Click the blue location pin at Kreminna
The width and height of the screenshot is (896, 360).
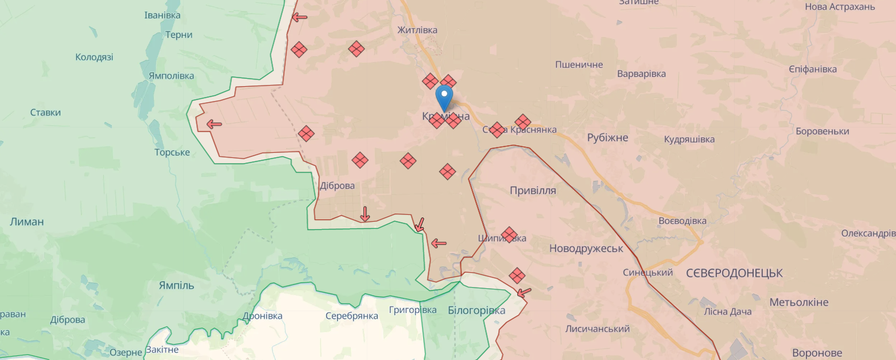(x=444, y=97)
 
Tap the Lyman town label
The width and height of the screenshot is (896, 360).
(x=26, y=222)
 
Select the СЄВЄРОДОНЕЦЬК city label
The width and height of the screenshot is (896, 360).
(x=734, y=273)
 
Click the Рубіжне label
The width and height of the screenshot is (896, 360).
(x=607, y=138)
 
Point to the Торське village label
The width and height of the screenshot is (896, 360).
(x=172, y=153)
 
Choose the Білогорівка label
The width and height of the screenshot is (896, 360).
(x=476, y=311)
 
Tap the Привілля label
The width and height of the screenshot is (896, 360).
(x=533, y=191)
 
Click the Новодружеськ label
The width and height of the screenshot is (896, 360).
(x=586, y=249)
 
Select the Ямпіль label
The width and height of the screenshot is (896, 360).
(x=176, y=285)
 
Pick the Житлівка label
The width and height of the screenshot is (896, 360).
(x=417, y=30)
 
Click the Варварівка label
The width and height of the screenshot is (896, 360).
(x=641, y=74)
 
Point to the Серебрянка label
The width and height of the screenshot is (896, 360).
(x=351, y=316)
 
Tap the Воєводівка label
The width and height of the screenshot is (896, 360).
(x=682, y=221)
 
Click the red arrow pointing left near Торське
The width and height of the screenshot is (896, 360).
(x=214, y=123)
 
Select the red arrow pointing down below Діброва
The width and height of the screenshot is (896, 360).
(x=364, y=214)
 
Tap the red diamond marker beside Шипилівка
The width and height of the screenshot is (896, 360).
(x=509, y=234)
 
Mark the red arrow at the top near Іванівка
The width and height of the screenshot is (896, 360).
(x=299, y=17)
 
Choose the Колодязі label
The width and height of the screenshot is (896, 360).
(x=94, y=57)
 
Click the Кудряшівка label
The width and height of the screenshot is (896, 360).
(x=689, y=140)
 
